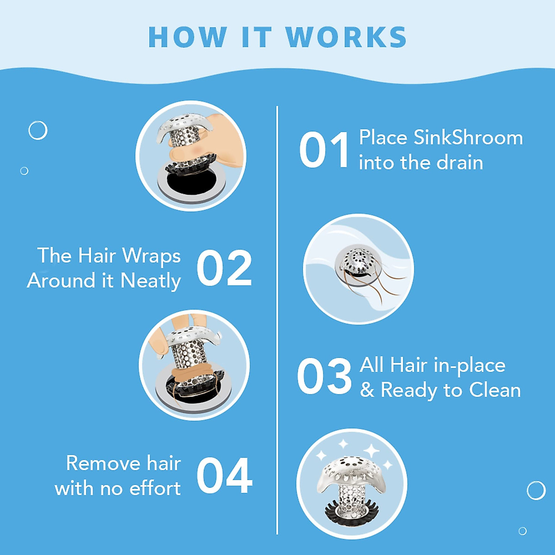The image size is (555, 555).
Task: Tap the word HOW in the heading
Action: [187, 37]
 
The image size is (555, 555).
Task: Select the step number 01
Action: [324, 150]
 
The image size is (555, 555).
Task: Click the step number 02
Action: [224, 268]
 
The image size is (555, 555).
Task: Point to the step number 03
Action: [324, 377]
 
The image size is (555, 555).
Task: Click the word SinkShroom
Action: [468, 138]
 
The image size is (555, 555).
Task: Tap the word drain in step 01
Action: [460, 163]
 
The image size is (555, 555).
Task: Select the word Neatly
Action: [150, 281]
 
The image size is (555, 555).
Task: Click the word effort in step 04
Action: [155, 488]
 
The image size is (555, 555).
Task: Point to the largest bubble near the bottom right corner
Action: [536, 490]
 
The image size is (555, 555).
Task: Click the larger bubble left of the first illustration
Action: [38, 130]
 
